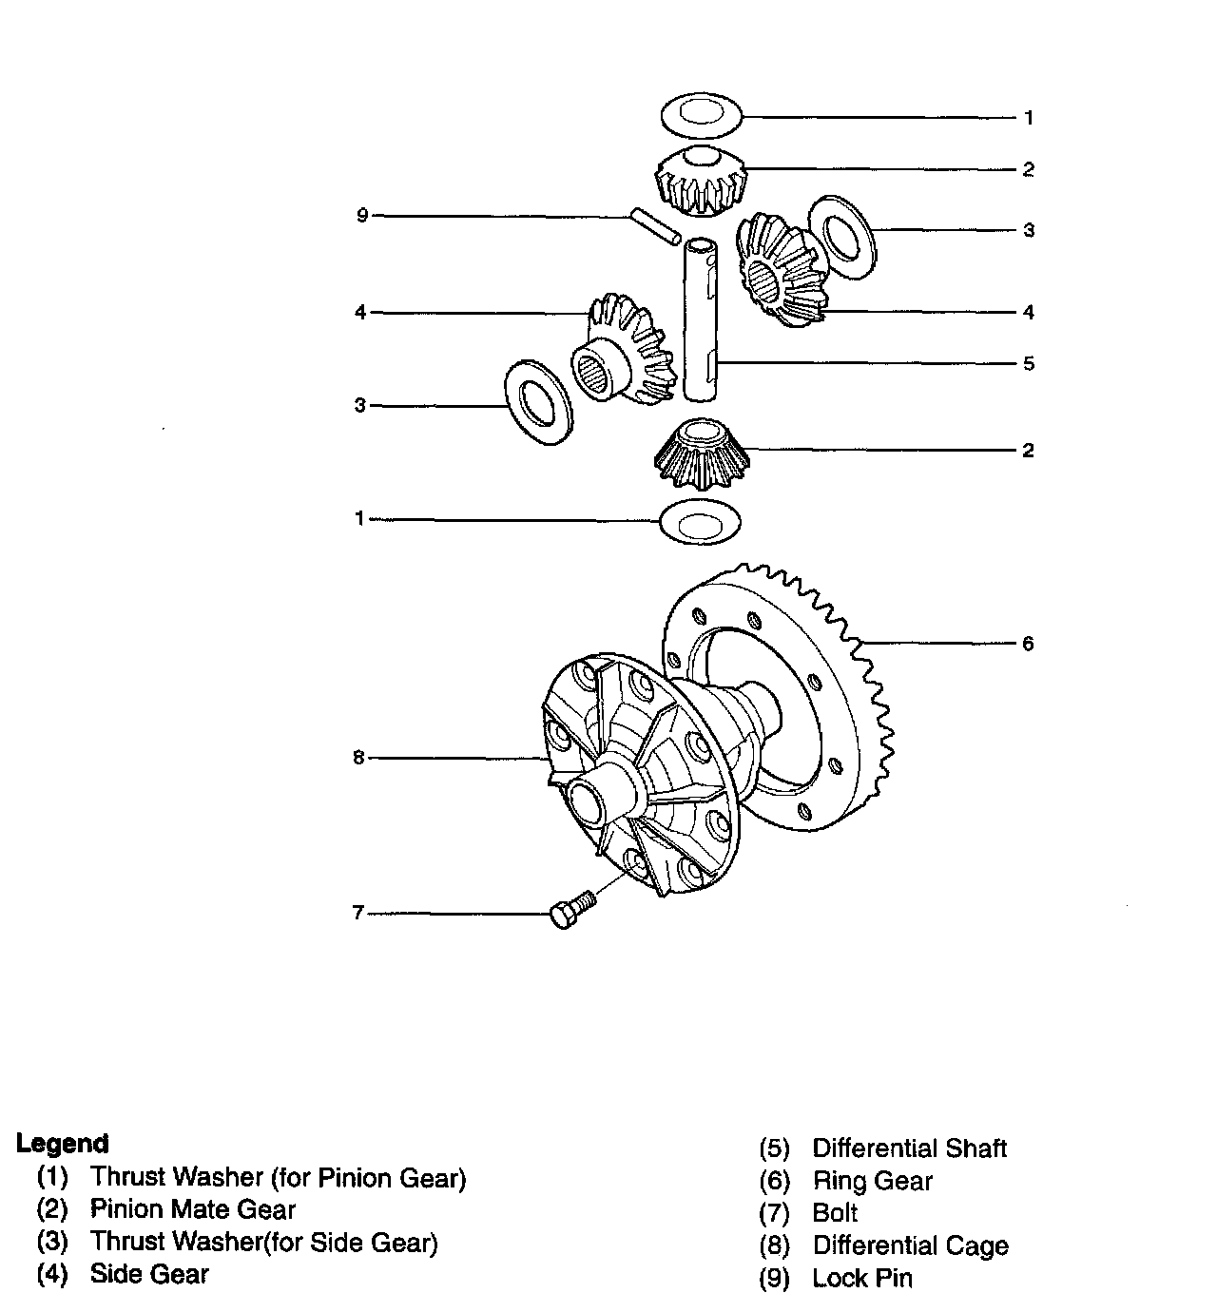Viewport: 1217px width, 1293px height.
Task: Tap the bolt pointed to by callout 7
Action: (570, 910)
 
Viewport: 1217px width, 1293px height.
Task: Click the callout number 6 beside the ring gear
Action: (1028, 644)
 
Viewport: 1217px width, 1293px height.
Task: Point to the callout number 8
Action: (358, 758)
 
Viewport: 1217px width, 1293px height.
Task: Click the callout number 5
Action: (1028, 363)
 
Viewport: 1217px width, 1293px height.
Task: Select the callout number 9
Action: (361, 216)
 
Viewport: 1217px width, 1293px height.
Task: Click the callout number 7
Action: (358, 913)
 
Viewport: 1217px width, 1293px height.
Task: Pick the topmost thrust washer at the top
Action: (701, 114)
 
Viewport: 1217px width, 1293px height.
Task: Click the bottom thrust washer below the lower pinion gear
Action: (700, 522)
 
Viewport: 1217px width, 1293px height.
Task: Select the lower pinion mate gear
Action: (701, 454)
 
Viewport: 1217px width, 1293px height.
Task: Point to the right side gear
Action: (780, 271)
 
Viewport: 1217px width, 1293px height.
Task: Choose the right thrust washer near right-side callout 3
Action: (841, 236)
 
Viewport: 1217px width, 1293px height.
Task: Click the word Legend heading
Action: (63, 1144)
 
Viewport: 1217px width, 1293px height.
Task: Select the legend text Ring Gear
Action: (872, 1181)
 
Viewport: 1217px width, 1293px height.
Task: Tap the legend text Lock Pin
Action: (861, 1279)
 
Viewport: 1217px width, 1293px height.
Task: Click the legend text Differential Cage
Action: (910, 1245)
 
